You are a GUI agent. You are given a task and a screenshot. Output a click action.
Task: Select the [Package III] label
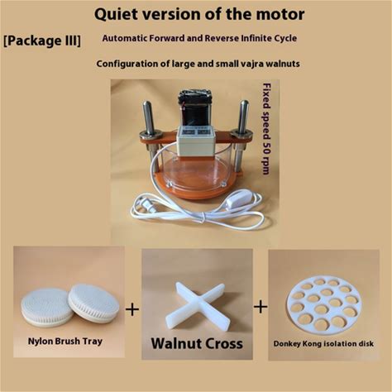pos(42,41)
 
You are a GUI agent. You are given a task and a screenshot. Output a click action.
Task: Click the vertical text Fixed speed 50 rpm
pos(266,128)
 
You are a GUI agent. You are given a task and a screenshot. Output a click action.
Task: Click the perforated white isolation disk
pos(323,306)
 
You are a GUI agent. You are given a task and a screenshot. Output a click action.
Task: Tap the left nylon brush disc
pos(44,306)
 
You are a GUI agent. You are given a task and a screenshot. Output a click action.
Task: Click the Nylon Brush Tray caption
pos(65,342)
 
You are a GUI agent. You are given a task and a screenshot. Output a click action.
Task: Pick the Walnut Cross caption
pos(197,343)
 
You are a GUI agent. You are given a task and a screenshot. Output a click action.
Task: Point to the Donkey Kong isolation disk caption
pos(323,344)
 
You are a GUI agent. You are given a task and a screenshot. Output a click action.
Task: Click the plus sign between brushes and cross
pos(132,309)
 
